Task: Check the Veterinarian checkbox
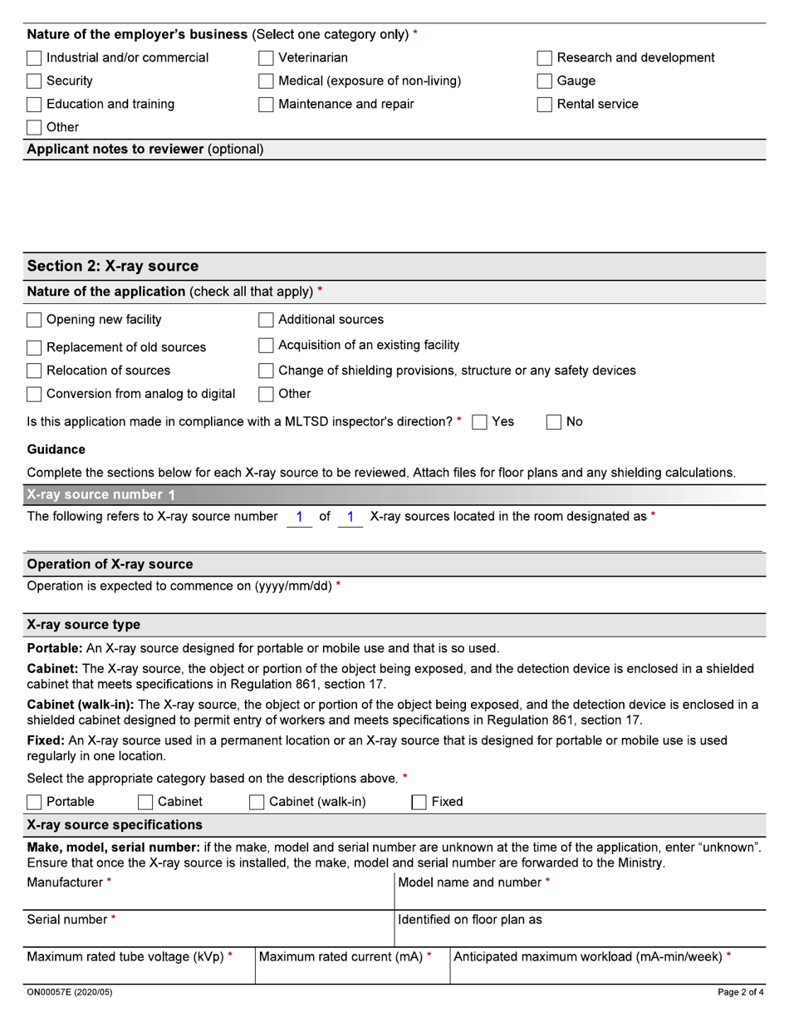pos(266,58)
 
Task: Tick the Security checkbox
pos(34,81)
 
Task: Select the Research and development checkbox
pos(545,58)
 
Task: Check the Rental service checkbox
pos(545,105)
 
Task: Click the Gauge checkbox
pos(545,81)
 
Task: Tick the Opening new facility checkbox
pos(34,320)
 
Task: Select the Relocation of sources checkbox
pos(34,371)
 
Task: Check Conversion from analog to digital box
pos(34,394)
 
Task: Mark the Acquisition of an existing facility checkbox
pos(266,345)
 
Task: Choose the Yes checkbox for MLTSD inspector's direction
pos(479,422)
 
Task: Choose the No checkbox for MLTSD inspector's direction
pos(554,422)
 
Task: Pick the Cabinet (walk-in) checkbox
pos(257,802)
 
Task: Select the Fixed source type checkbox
pos(419,802)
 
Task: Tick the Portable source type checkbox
pos(34,802)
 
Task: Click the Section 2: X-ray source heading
pos(113,266)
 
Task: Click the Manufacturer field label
pos(65,882)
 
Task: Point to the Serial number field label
pos(67,920)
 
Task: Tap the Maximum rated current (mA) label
pos(341,957)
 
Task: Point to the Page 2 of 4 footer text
pos(740,992)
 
